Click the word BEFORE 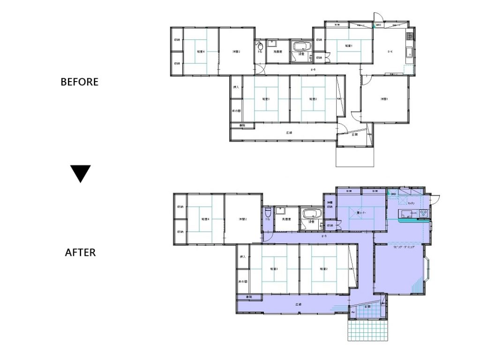tap(79, 82)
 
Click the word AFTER tap(80, 253)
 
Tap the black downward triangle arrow tap(80, 173)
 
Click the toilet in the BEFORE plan tap(259, 46)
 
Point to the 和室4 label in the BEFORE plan tap(200, 52)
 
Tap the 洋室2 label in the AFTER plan tap(242, 219)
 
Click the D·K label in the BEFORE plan tap(390, 52)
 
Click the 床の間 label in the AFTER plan tap(242, 281)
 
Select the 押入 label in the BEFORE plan tap(236, 88)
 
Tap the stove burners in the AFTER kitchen tap(423, 214)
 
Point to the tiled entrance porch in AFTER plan tap(367, 328)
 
